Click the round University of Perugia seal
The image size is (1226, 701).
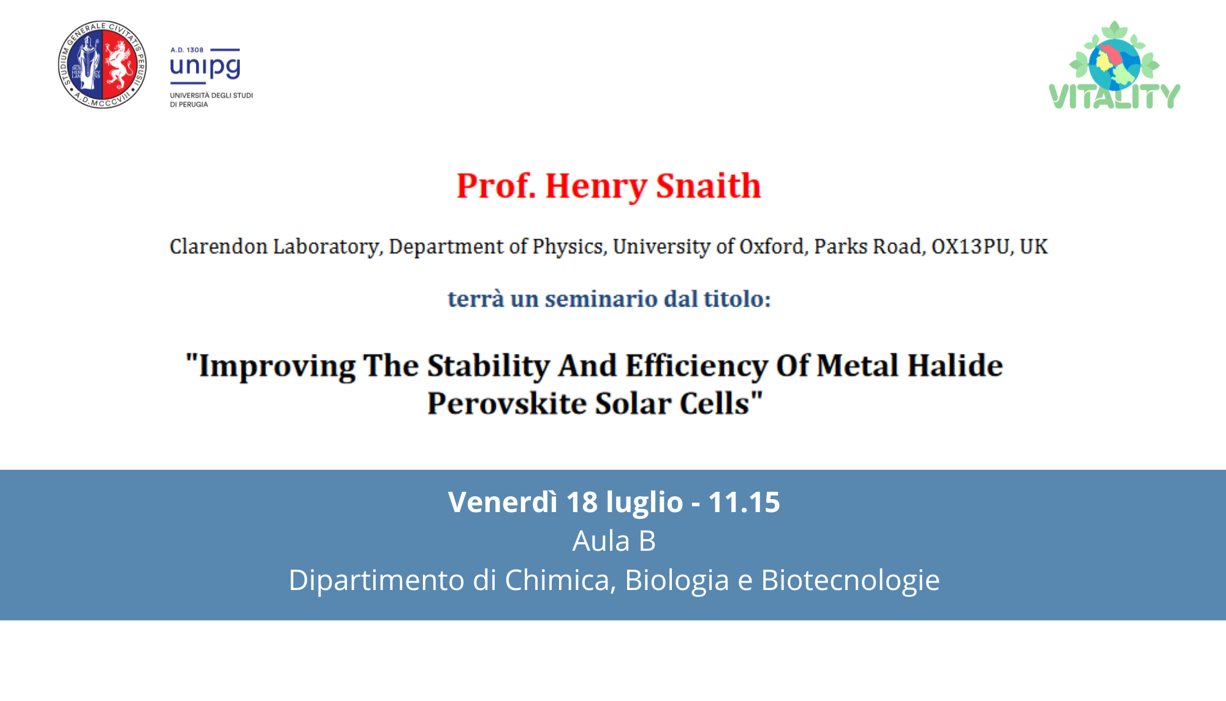102,64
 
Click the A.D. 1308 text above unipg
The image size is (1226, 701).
187,50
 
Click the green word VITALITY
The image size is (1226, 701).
1114,96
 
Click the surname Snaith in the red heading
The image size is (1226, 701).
708,185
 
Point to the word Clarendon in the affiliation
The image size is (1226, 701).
218,246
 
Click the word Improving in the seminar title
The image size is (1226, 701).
277,366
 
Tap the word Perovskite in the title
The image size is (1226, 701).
506,403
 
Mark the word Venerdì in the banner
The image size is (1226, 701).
503,502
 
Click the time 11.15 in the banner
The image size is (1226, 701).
744,502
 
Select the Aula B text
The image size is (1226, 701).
614,541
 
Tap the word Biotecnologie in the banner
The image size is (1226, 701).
850,580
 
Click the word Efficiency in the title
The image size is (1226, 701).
696,366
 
